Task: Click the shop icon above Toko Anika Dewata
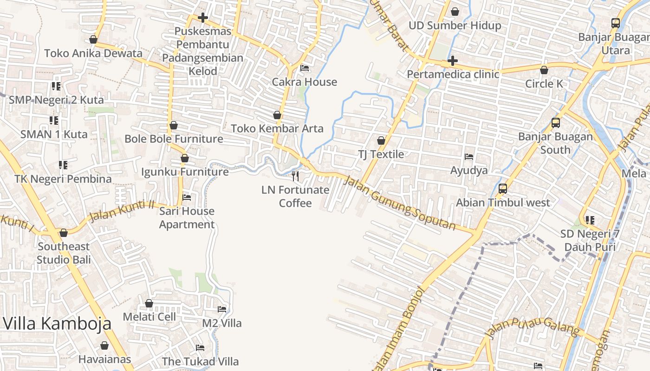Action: (93, 39)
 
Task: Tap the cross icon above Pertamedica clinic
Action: (453, 61)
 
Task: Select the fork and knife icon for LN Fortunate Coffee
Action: (295, 176)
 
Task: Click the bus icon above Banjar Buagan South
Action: (556, 123)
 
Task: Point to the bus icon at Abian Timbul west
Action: (503, 189)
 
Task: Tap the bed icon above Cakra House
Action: (305, 68)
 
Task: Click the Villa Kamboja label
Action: (58, 323)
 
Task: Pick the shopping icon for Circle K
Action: (544, 70)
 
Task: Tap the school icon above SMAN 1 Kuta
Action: (54, 121)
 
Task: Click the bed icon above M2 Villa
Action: (222, 309)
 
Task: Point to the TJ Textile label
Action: (381, 154)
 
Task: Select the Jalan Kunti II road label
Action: (122, 211)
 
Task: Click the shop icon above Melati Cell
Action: (149, 303)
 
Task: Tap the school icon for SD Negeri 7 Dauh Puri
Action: (590, 220)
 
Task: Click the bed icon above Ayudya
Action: (469, 157)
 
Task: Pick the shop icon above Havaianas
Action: (104, 345)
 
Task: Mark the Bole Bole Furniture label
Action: (174, 139)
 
